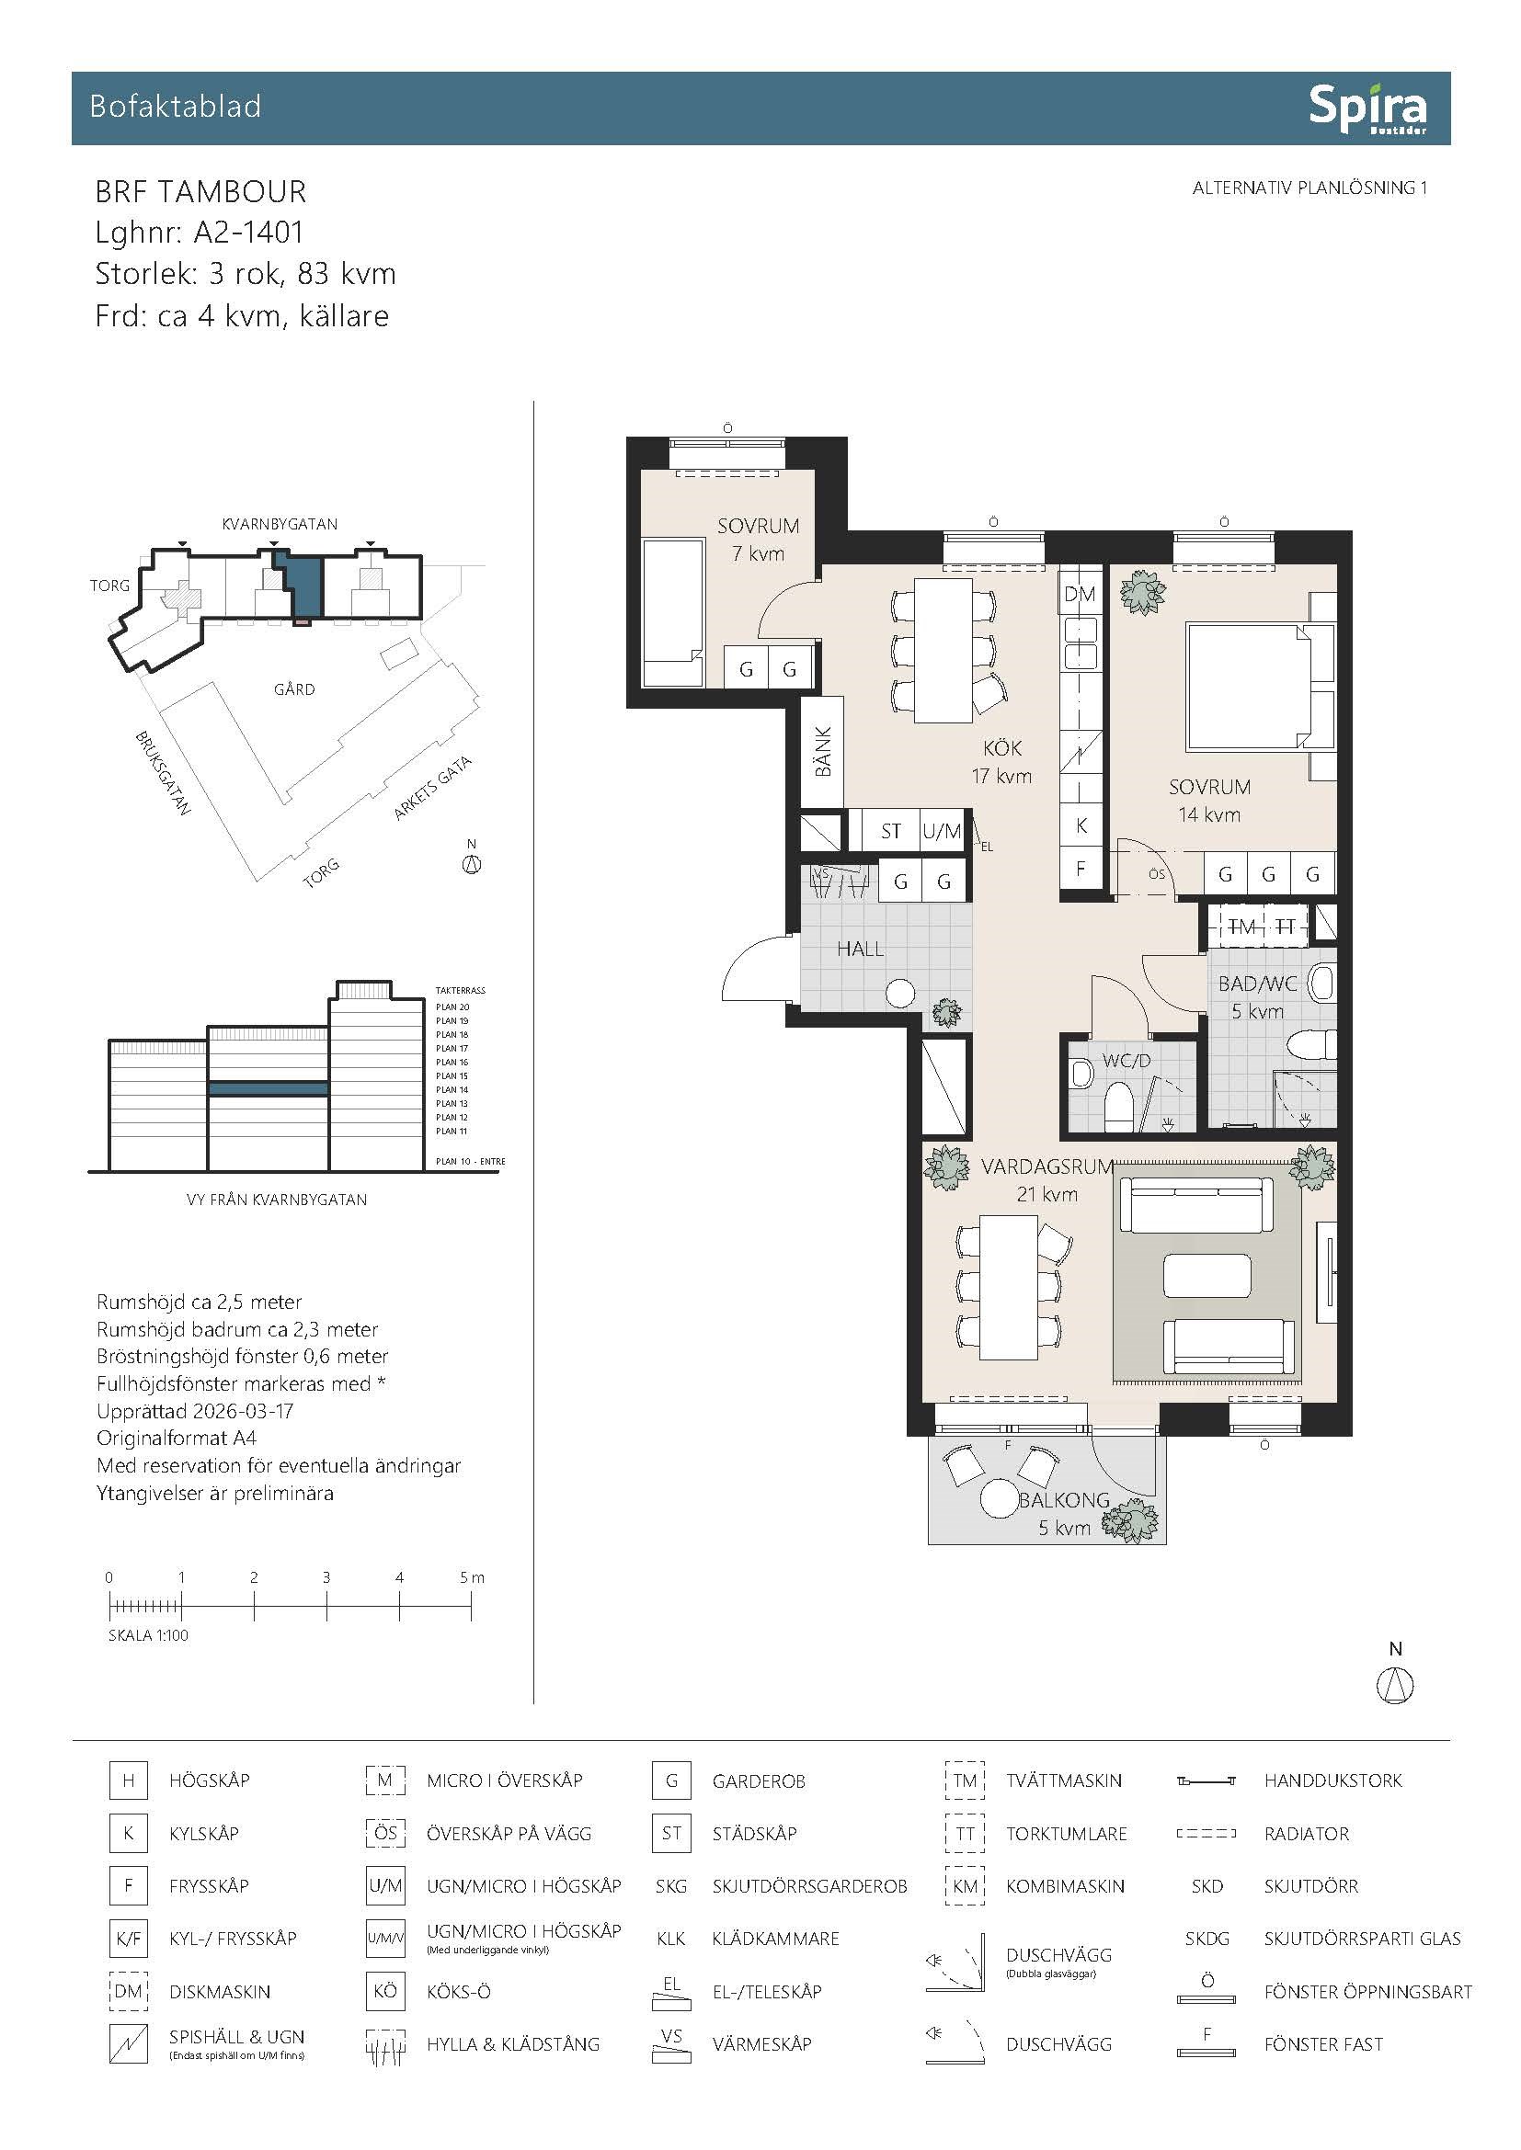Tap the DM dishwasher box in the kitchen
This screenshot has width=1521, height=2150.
(1080, 593)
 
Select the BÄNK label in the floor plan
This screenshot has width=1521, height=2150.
(823, 752)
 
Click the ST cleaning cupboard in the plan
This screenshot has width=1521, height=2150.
(891, 830)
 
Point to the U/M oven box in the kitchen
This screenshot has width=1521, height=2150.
(942, 830)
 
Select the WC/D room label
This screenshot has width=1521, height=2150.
(1126, 1061)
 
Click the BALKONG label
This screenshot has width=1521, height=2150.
(1064, 1499)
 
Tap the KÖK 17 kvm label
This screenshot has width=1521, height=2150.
(1001, 762)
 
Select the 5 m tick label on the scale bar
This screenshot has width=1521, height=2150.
(472, 1577)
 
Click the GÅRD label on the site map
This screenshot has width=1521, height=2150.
(294, 689)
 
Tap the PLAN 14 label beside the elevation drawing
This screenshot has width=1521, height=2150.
(452, 1090)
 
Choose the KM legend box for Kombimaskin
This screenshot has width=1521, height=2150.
(965, 1886)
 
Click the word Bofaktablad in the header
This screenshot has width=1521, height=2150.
(175, 107)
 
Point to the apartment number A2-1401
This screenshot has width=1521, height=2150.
(248, 233)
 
